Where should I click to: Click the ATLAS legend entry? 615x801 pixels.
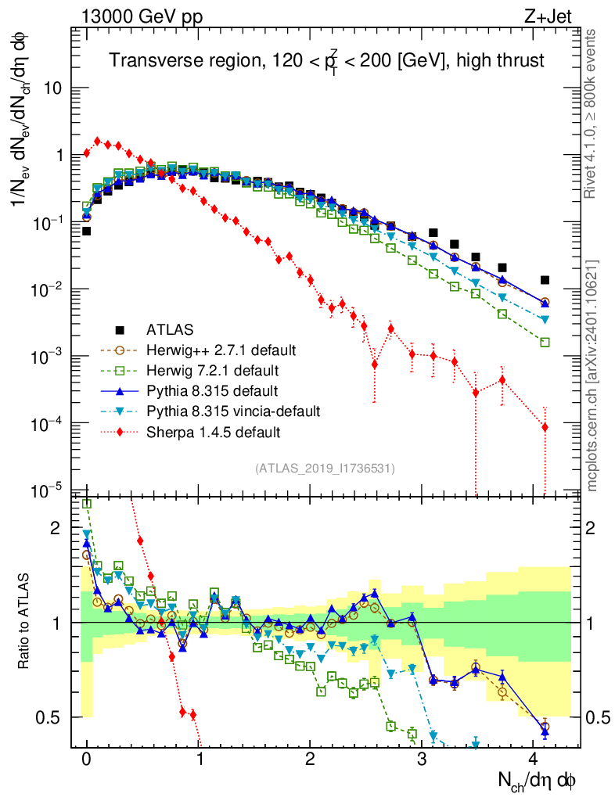point(170,329)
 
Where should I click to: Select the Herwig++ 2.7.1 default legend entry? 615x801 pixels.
point(214,350)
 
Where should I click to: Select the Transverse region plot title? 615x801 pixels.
point(326,60)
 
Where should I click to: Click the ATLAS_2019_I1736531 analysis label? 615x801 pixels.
point(325,469)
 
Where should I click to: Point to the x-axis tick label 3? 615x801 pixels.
point(423,758)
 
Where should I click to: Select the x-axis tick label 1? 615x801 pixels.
point(199,758)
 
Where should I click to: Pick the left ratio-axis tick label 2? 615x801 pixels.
point(55,528)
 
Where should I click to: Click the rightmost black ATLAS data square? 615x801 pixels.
point(545,280)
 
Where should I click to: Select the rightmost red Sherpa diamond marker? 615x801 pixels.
point(545,427)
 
